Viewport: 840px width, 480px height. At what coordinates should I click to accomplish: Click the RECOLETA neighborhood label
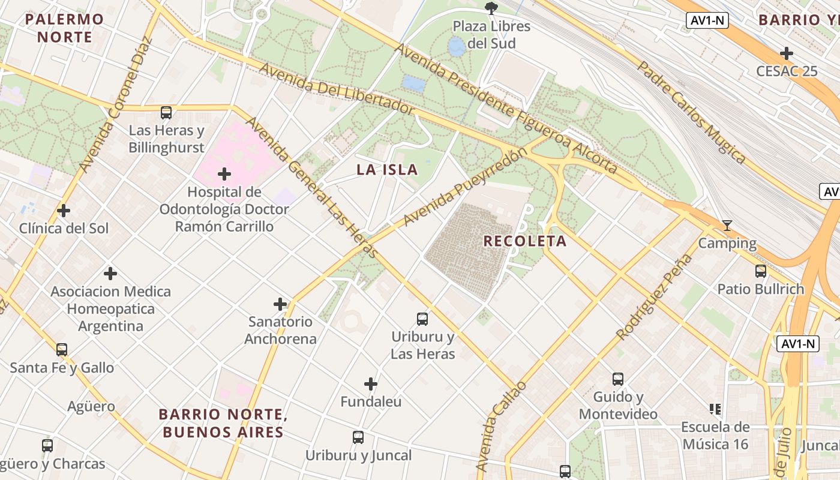(524, 241)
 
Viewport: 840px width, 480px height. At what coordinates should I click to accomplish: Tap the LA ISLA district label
(387, 170)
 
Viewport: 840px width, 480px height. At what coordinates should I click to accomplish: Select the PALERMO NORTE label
(65, 28)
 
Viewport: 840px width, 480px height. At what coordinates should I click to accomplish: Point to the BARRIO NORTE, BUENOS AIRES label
(222, 423)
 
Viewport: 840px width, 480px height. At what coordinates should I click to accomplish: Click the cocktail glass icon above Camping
(727, 226)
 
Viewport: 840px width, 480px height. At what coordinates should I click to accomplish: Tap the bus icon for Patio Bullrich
(761, 271)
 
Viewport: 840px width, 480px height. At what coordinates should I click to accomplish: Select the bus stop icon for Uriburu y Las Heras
(422, 319)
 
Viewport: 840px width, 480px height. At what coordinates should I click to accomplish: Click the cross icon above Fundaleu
(371, 384)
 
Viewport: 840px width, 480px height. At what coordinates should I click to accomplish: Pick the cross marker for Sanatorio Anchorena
(280, 304)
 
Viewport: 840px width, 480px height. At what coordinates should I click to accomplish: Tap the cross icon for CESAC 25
(786, 53)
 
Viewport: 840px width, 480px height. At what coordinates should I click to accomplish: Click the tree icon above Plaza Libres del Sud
(491, 8)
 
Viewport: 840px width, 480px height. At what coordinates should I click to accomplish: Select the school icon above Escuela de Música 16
(715, 409)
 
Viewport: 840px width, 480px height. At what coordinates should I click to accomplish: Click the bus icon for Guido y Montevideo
(618, 379)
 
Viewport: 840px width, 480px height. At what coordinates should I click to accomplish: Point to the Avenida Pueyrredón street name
(465, 187)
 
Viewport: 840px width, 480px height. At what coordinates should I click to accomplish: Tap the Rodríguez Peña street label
(654, 297)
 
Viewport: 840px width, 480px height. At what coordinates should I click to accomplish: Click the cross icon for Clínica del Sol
(64, 211)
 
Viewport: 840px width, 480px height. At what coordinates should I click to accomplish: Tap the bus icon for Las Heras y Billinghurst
(166, 112)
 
